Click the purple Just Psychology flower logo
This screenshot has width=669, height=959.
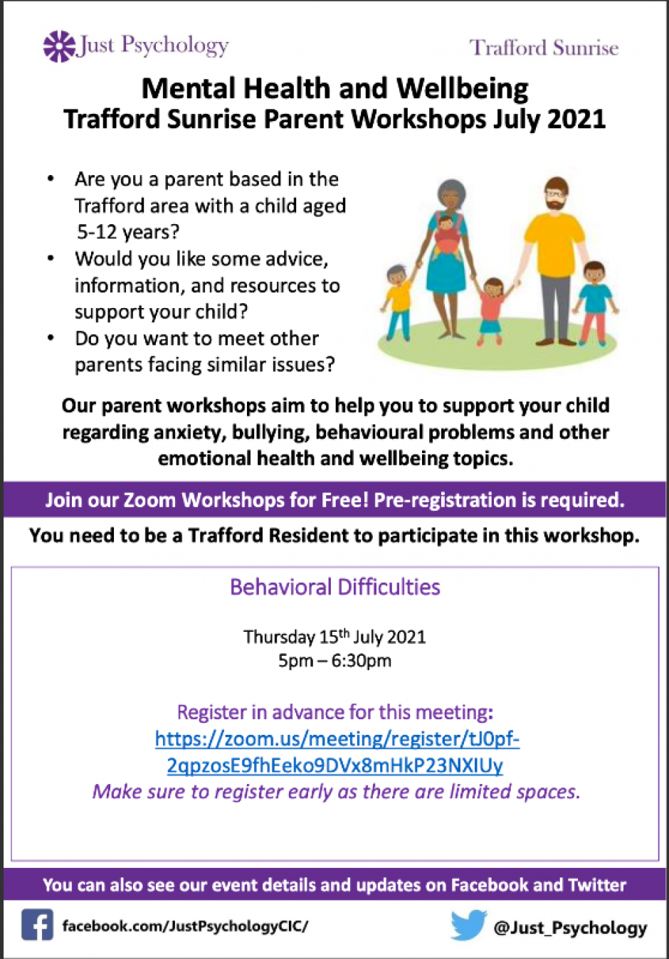pyautogui.click(x=59, y=47)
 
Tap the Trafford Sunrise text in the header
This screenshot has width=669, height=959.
pyautogui.click(x=544, y=48)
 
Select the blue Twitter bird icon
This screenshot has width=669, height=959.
pyautogui.click(x=468, y=925)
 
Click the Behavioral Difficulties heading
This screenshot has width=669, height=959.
pyautogui.click(x=335, y=587)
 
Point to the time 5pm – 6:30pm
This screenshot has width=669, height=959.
pyautogui.click(x=334, y=661)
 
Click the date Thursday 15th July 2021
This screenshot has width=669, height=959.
pyautogui.click(x=334, y=637)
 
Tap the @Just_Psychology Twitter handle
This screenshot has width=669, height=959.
pyautogui.click(x=570, y=927)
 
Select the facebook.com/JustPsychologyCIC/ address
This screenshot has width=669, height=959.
pyautogui.click(x=185, y=926)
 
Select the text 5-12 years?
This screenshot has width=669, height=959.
pyautogui.click(x=128, y=232)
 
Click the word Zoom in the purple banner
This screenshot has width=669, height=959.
pyautogui.click(x=149, y=499)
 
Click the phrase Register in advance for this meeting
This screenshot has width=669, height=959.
pyautogui.click(x=335, y=712)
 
